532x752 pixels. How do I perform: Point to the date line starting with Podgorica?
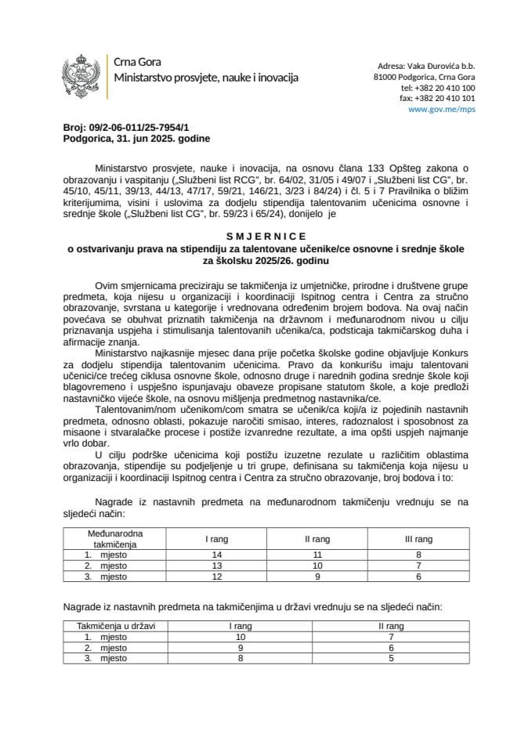pyautogui.click(x=125, y=137)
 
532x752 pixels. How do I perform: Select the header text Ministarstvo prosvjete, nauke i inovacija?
pyautogui.click(x=205, y=78)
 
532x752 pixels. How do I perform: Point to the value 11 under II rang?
pyautogui.click(x=316, y=554)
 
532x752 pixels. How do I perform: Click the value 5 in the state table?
pyautogui.click(x=391, y=659)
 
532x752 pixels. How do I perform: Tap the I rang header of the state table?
pyautogui.click(x=240, y=626)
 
